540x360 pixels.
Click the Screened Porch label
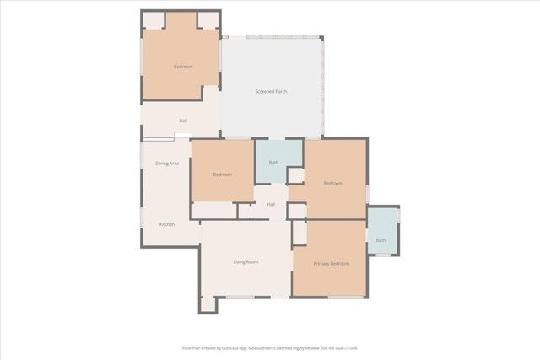click(x=272, y=90)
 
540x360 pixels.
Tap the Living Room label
click(x=246, y=262)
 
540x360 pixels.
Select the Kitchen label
click(x=167, y=224)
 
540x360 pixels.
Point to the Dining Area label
click(x=167, y=163)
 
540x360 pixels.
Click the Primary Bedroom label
click(x=332, y=264)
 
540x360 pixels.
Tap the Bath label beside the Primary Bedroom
click(x=381, y=240)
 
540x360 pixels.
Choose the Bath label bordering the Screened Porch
click(x=273, y=162)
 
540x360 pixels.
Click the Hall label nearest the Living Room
click(x=271, y=204)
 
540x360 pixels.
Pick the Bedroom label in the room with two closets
click(x=183, y=67)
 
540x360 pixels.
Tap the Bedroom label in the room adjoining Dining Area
click(x=222, y=175)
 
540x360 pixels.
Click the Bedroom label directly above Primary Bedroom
click(x=332, y=183)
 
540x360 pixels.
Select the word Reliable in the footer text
click(x=325, y=347)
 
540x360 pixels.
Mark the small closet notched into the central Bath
click(x=295, y=175)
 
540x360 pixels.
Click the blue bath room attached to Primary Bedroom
click(x=382, y=230)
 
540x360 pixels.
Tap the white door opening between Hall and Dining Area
click(x=182, y=135)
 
